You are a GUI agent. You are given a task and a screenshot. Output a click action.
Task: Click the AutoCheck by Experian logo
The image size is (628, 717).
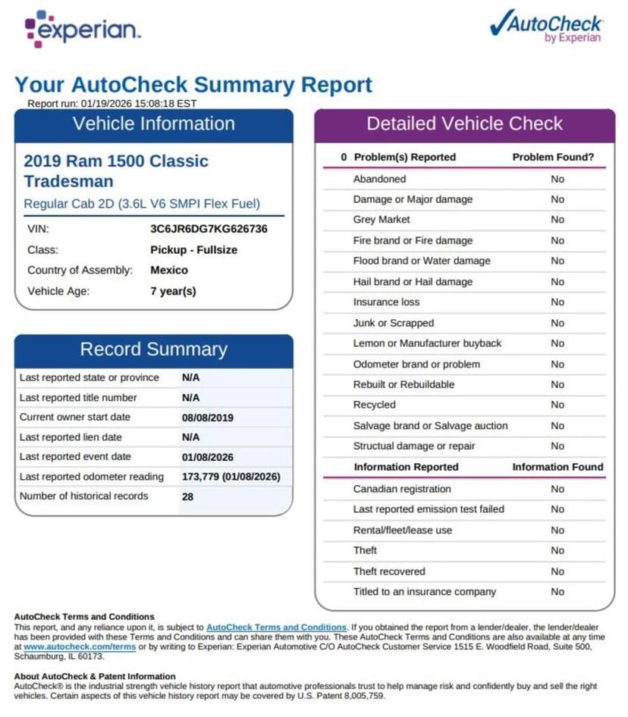point(546,27)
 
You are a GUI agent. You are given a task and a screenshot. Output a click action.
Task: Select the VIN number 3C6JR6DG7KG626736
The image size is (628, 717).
point(209,228)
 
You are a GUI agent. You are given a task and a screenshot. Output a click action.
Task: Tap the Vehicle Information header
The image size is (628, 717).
point(154,124)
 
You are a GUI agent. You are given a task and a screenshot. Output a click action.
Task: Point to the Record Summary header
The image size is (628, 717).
point(154,349)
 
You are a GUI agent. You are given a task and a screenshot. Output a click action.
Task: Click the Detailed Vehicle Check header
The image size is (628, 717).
point(464,124)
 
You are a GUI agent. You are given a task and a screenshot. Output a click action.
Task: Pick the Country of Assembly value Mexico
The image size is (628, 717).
point(169,270)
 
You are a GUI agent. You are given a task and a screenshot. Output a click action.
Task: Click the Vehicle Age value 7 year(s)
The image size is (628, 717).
point(173,291)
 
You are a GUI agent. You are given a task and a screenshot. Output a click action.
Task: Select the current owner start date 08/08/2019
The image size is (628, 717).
point(208,417)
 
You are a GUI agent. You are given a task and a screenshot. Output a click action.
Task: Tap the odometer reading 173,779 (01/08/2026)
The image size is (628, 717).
point(231,477)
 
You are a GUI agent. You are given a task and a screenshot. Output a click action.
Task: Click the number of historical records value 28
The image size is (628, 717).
point(188,496)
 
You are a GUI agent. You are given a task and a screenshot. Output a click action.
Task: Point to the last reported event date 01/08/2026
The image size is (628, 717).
point(208,457)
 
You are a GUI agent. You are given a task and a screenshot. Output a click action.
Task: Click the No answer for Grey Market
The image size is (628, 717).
point(557,220)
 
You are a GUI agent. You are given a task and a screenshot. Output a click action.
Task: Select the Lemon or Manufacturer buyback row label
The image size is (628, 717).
point(427,343)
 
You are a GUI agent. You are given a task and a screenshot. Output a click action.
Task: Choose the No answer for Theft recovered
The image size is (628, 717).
point(557,571)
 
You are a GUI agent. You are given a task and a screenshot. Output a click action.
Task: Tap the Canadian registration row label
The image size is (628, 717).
point(402,489)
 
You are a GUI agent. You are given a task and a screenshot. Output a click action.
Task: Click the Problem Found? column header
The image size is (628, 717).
point(553,157)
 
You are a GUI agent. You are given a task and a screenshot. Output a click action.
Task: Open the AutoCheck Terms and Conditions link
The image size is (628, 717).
point(276,628)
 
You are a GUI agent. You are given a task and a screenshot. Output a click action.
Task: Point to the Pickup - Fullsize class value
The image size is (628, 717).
point(193,249)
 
